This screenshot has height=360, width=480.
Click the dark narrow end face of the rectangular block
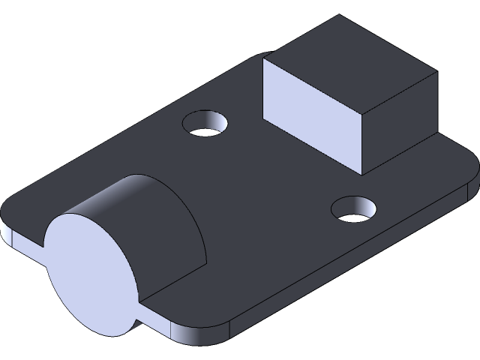pos(398,123)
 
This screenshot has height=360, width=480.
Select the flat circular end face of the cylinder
pos(91,273)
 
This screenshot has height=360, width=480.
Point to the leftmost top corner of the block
pos(264,60)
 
